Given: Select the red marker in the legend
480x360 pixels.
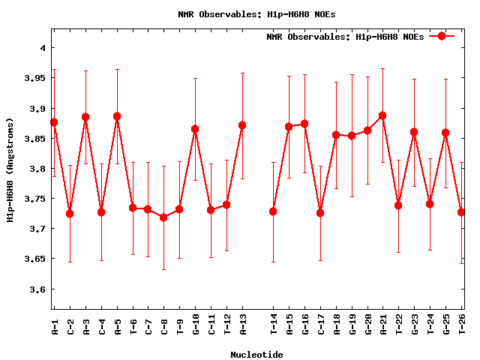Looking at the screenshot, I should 442,36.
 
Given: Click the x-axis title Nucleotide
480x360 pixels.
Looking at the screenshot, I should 256,354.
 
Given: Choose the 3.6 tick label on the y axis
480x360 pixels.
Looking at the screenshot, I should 37,289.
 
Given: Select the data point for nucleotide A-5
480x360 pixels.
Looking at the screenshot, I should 117,116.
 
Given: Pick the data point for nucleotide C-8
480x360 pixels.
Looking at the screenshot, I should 164,217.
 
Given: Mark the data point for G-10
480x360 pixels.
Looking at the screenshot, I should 196,129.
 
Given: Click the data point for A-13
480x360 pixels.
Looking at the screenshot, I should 242,125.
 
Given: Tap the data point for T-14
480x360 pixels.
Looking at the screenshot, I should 273,211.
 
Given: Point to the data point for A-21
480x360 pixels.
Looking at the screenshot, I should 383,115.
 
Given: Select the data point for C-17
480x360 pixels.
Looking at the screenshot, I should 320,213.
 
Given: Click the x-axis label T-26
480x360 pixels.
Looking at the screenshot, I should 462,325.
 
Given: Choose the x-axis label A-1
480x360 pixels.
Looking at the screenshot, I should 55,326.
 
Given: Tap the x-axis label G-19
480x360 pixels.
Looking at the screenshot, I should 352,325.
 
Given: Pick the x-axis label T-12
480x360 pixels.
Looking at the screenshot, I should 227,325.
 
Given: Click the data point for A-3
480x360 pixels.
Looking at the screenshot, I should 85,117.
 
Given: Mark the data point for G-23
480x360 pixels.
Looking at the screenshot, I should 414,132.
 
